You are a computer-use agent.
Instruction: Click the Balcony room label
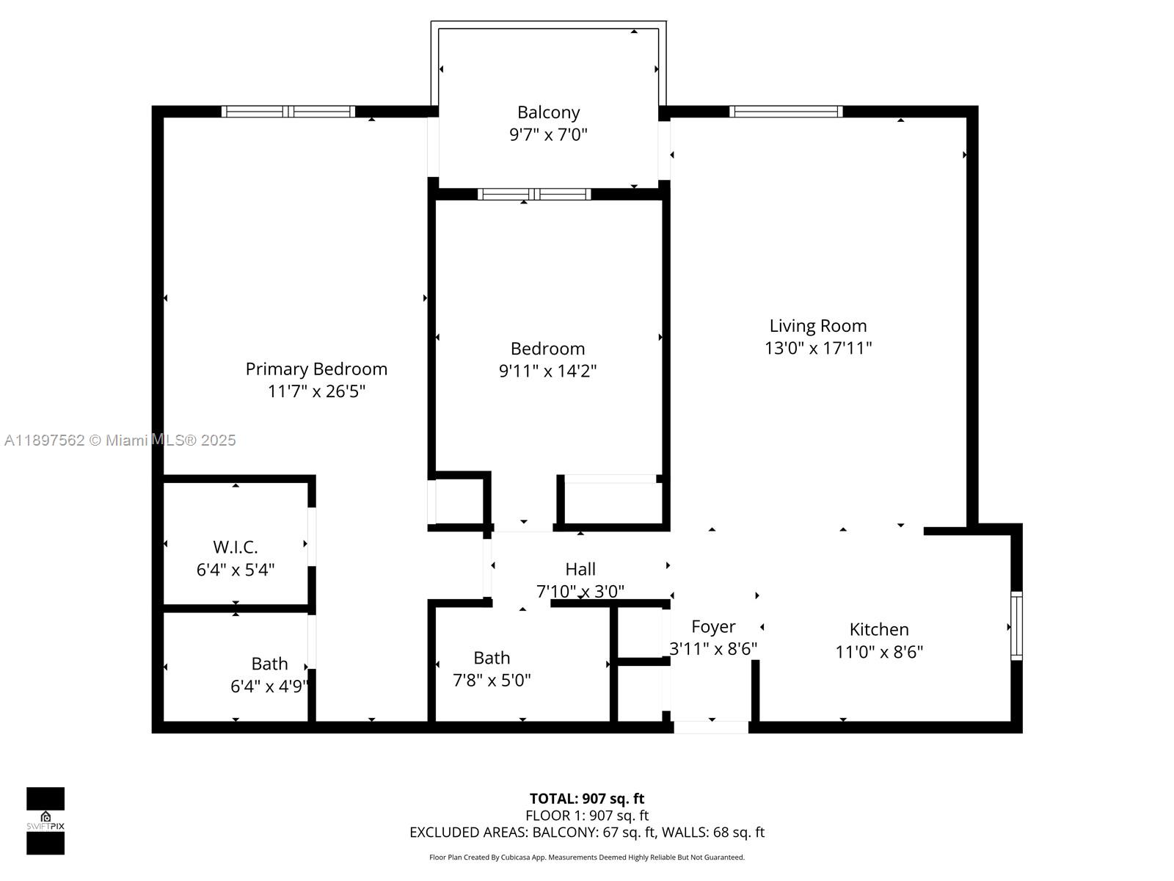pyautogui.click(x=548, y=112)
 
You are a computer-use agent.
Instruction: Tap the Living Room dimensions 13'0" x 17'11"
pyautogui.click(x=817, y=348)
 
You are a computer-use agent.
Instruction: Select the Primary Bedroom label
pyautogui.click(x=316, y=369)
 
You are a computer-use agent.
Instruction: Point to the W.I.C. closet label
pyautogui.click(x=236, y=547)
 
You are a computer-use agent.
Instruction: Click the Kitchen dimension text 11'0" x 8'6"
pyautogui.click(x=879, y=651)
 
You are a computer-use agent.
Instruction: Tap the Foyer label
pyautogui.click(x=713, y=626)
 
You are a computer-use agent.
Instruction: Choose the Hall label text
pyautogui.click(x=580, y=569)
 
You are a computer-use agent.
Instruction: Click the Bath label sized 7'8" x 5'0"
pyautogui.click(x=492, y=658)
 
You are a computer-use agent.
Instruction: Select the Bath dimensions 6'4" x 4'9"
pyautogui.click(x=269, y=686)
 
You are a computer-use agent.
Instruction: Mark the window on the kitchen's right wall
pyautogui.click(x=1016, y=626)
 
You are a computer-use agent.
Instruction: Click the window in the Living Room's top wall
pyautogui.click(x=786, y=112)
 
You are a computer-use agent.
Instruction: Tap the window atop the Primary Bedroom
pyautogui.click(x=288, y=112)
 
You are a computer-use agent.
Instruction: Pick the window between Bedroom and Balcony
pyautogui.click(x=534, y=195)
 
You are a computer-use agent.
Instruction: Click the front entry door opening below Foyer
pyautogui.click(x=711, y=727)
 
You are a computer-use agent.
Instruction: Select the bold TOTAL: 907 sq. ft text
pyautogui.click(x=587, y=799)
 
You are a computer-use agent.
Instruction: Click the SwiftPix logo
pyautogui.click(x=45, y=820)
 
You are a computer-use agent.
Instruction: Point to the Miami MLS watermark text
pyautogui.click(x=120, y=440)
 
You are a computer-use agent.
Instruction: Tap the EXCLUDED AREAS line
pyautogui.click(x=587, y=832)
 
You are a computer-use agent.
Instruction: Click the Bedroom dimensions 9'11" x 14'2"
pyautogui.click(x=547, y=371)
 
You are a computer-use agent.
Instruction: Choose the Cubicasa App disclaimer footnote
pyautogui.click(x=587, y=858)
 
